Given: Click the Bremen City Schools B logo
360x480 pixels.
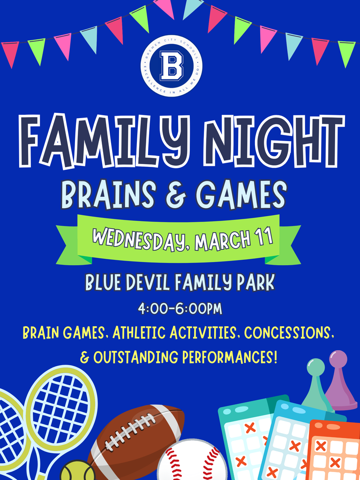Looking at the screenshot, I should pyautogui.click(x=172, y=66).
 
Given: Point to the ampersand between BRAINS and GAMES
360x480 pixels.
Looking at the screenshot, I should pyautogui.click(x=175, y=195).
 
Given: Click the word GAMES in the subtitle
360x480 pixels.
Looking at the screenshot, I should pyautogui.click(x=240, y=195).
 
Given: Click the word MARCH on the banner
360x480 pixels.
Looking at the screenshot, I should pyautogui.click(x=222, y=239).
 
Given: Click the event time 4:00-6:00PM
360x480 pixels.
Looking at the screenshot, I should pyautogui.click(x=180, y=309).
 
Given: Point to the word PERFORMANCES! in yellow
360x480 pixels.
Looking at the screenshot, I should pyautogui.click(x=230, y=358).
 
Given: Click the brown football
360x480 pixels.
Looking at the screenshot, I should pyautogui.click(x=136, y=438).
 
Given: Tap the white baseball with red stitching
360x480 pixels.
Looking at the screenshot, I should pyautogui.click(x=192, y=461).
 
